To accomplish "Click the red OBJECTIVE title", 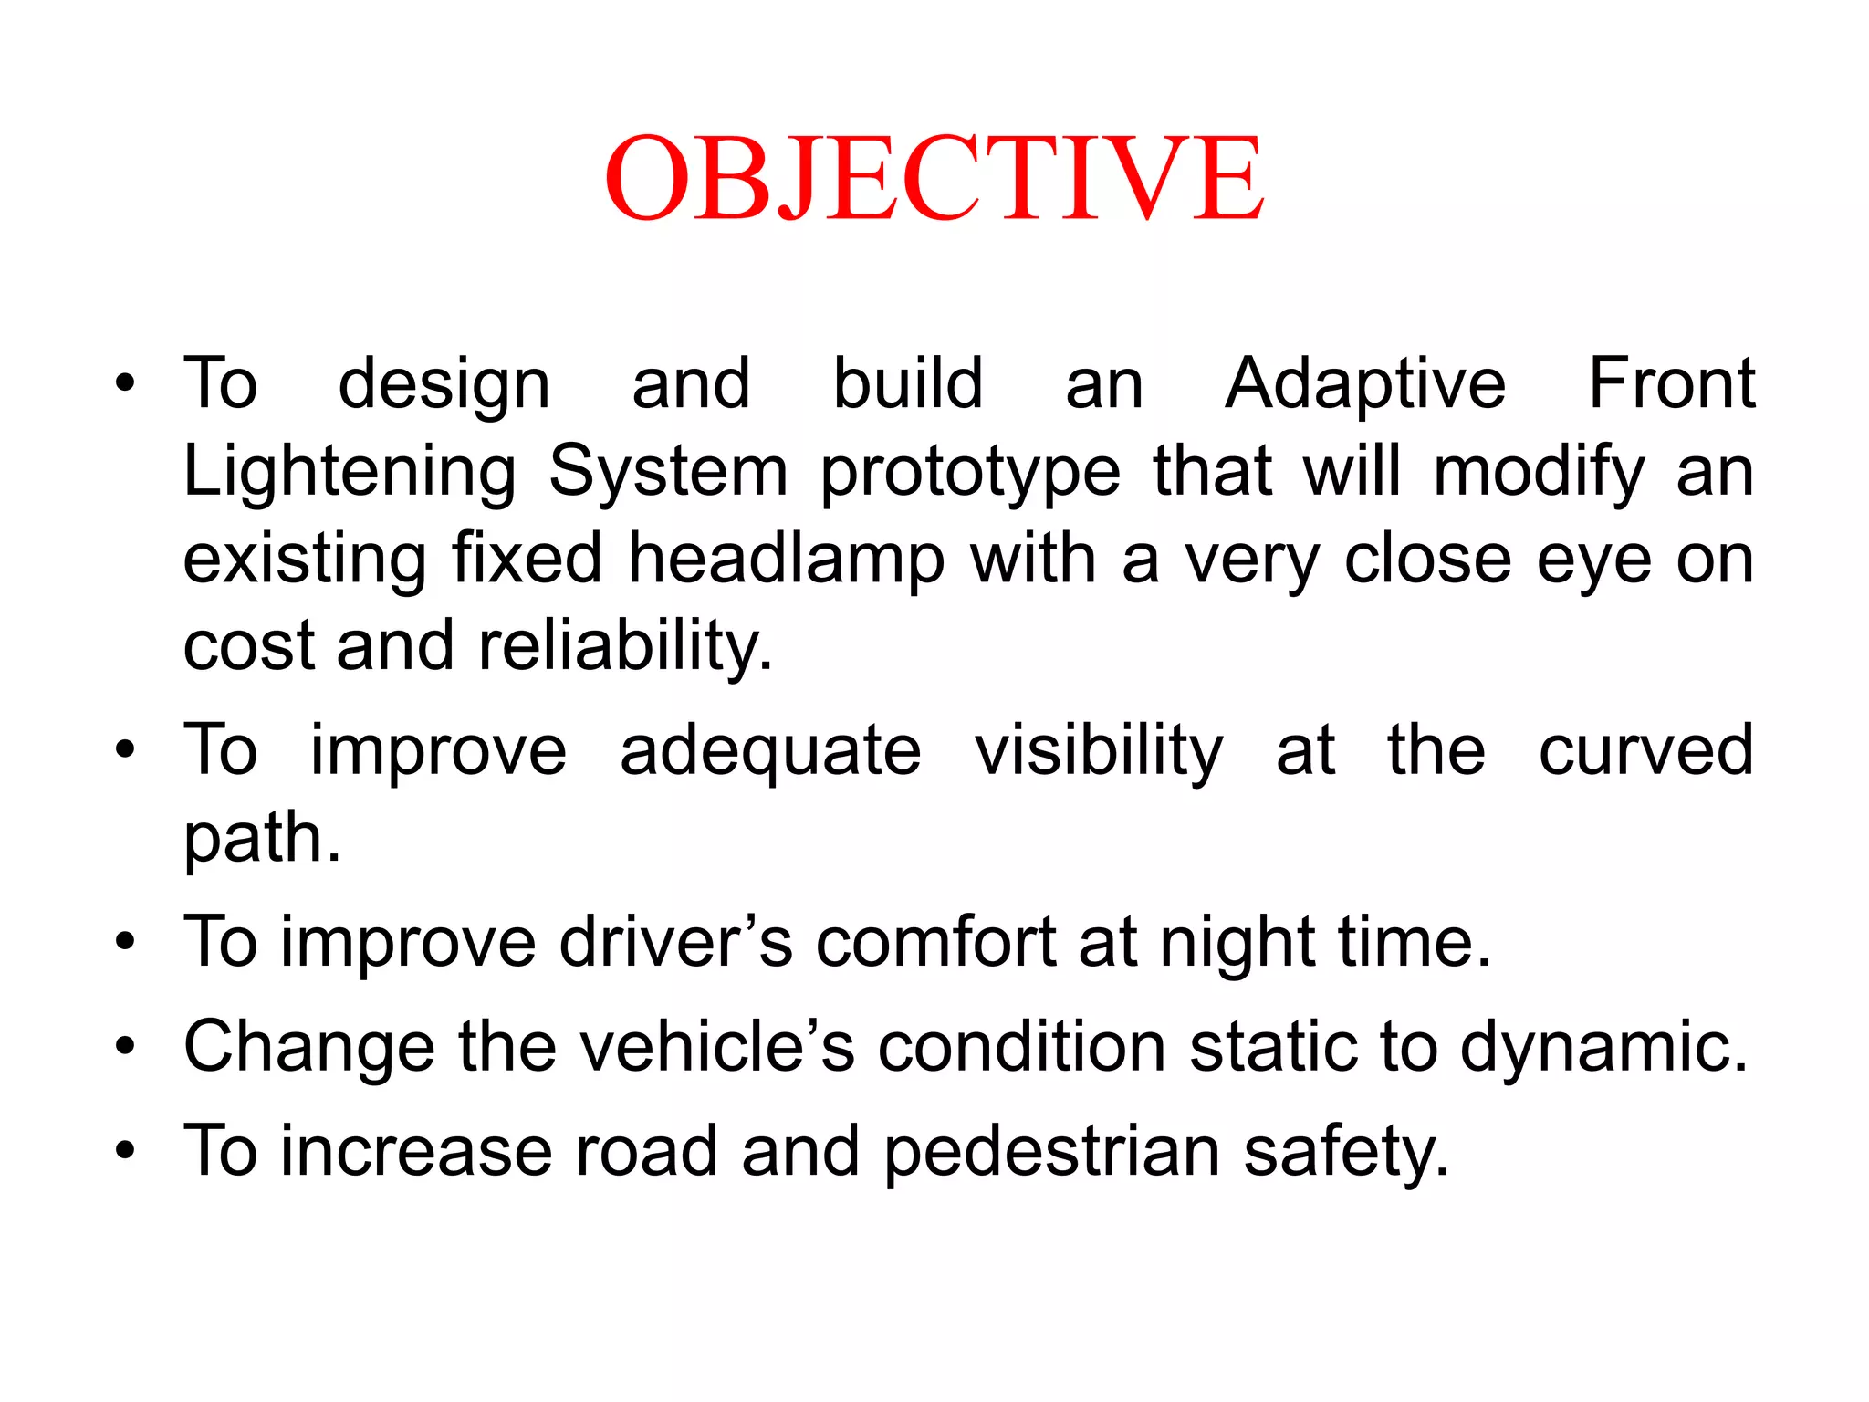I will coord(934,178).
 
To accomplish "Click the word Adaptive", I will coord(1364,384).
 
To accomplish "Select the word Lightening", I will coord(350,472).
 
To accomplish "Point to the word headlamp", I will coord(786,560).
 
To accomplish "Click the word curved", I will coord(1645,750).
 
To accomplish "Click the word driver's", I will coord(675,942).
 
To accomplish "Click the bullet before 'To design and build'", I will coord(125,384).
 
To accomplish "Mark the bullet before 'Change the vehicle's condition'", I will coord(125,1047).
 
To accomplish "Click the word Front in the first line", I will coord(1671,384).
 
